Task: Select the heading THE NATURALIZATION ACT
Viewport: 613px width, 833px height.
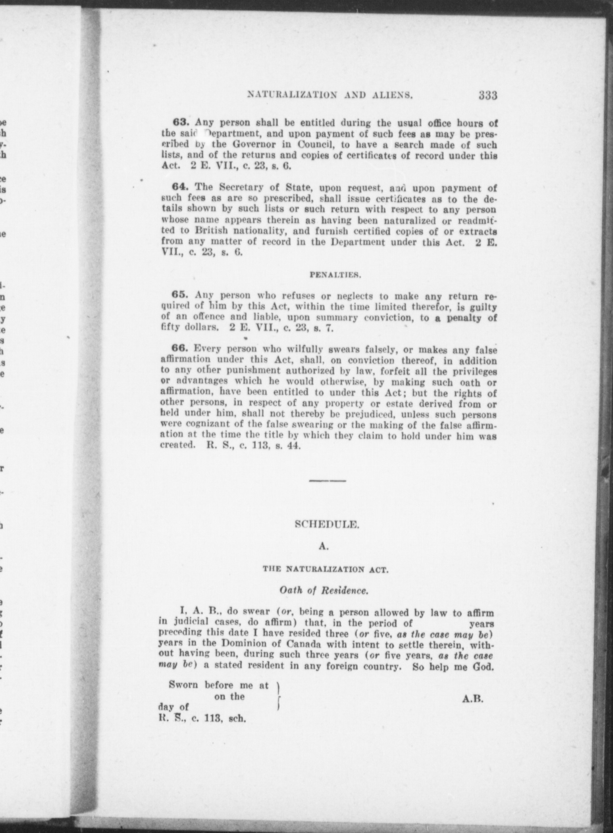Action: pos(325,569)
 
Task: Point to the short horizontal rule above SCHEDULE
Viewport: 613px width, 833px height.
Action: pos(328,481)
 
